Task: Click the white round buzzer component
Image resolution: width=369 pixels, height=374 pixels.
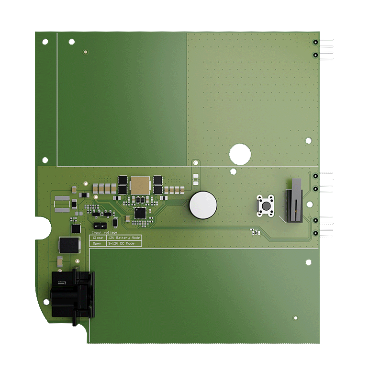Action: (203, 205)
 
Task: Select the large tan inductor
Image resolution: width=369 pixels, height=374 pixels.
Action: (140, 185)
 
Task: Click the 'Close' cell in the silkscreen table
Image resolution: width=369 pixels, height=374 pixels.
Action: (98, 238)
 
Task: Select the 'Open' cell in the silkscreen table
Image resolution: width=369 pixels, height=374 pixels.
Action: (98, 244)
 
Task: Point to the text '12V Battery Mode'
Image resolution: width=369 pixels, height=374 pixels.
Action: (123, 238)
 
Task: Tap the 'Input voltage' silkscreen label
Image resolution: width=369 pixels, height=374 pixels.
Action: (104, 232)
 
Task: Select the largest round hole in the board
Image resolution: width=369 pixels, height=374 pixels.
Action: (240, 154)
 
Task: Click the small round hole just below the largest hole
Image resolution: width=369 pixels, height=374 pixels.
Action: (233, 171)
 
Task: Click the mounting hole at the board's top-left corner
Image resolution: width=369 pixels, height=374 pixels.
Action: (45, 42)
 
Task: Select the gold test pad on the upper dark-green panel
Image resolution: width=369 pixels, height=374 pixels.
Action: (85, 51)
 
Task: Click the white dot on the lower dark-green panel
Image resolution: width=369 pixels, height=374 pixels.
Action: (295, 317)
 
